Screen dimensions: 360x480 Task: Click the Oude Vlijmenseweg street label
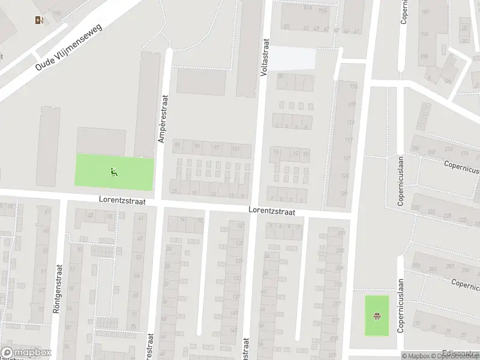(x=70, y=47)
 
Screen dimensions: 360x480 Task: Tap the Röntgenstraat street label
(x=58, y=288)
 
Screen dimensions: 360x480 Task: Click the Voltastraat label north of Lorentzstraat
(x=264, y=57)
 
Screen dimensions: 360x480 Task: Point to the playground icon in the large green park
(x=113, y=172)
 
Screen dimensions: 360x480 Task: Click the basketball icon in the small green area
(x=377, y=316)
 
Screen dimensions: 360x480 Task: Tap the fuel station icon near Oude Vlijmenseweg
(x=40, y=20)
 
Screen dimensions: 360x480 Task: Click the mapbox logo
(x=25, y=353)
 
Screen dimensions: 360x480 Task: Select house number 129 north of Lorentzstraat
(x=344, y=193)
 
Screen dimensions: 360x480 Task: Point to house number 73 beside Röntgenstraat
(x=41, y=310)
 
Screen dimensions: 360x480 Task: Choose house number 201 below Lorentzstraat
(x=342, y=233)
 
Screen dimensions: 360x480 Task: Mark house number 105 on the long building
(x=353, y=88)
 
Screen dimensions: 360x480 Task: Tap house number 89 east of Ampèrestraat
(x=176, y=144)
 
